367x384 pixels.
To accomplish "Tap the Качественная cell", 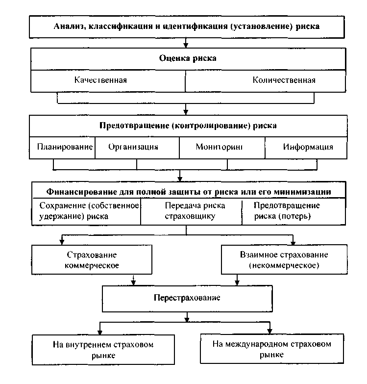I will tap(104, 79).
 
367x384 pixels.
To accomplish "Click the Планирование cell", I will tap(65, 147).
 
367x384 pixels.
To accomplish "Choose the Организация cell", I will tap(133, 147).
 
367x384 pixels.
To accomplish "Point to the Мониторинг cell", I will tap(219, 147).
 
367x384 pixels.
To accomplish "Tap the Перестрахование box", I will tap(187, 298).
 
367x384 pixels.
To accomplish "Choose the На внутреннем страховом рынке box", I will tap(103, 349).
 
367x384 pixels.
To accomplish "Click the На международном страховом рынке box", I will tap(271, 349).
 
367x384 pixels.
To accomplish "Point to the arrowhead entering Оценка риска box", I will tap(186, 45).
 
